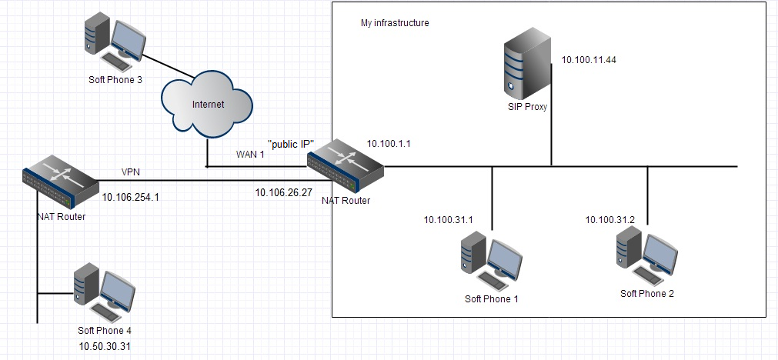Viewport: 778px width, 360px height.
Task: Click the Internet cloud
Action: pos(207,104)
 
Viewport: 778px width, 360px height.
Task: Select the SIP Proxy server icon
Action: pos(527,63)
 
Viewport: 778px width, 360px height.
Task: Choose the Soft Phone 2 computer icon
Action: pos(646,257)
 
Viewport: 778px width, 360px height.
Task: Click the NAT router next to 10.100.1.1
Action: pos(346,166)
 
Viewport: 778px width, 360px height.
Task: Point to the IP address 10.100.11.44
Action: pos(589,60)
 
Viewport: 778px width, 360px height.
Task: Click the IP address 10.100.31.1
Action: pos(449,220)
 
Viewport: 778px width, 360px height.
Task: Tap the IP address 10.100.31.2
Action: pos(609,219)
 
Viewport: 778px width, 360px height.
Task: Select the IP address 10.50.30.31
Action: pos(105,346)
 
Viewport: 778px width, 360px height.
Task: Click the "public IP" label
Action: pos(291,145)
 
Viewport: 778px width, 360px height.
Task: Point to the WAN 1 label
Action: pos(249,154)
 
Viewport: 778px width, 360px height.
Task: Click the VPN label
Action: pos(131,172)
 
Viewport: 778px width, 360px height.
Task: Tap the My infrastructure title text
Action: pos(395,23)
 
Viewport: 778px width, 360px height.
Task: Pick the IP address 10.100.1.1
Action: pos(389,144)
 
